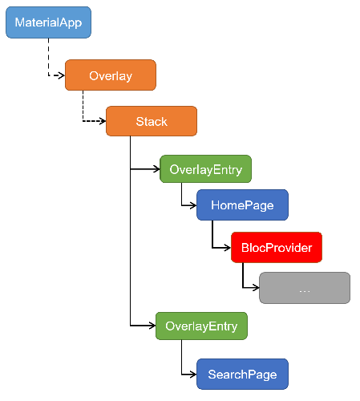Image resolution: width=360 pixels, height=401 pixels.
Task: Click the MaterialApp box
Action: [x=48, y=22]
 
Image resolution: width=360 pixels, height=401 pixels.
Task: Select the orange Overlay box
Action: [x=111, y=75]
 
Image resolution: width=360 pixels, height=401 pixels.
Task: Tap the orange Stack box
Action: [x=152, y=121]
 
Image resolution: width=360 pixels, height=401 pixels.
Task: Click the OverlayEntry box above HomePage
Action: [x=205, y=169]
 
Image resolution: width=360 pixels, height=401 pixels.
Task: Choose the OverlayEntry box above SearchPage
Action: [x=201, y=326]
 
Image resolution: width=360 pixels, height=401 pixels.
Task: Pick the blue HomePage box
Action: [x=242, y=205]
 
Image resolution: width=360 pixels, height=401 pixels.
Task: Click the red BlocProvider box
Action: [x=277, y=247]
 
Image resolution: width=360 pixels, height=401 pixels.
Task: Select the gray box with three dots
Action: [x=305, y=288]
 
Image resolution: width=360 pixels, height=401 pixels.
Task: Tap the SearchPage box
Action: [x=242, y=374]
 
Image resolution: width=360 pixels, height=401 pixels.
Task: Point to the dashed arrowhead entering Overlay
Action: [x=62, y=75]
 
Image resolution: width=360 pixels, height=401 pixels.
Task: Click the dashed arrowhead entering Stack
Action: [x=103, y=121]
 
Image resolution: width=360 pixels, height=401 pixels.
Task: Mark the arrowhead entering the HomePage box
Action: [x=193, y=205]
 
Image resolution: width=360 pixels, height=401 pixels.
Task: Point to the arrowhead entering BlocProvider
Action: [x=228, y=248]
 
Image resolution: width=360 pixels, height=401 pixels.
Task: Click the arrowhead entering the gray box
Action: [x=256, y=288]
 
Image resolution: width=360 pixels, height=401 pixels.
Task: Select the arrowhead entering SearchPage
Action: [x=193, y=375]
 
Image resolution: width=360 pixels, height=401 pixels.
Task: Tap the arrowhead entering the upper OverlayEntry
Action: [x=156, y=169]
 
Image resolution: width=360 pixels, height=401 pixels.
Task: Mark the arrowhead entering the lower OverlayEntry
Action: [x=152, y=326]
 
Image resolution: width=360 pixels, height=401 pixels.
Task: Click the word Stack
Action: [x=152, y=122]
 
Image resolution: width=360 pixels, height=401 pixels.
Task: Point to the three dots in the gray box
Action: [x=305, y=291]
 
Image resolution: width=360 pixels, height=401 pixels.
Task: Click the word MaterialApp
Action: [x=48, y=22]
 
